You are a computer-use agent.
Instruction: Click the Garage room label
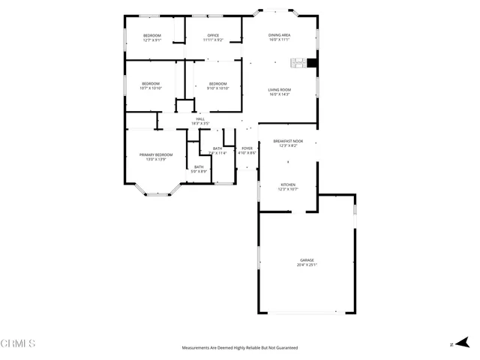(x=307, y=260)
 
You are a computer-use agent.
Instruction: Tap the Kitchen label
(x=288, y=184)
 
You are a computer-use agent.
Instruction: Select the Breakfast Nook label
(x=288, y=141)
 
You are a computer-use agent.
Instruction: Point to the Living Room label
(x=280, y=90)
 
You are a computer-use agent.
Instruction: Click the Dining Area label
(x=280, y=35)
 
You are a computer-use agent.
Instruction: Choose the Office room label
(x=213, y=35)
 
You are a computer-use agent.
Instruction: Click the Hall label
(x=200, y=118)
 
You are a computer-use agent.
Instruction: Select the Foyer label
(x=247, y=148)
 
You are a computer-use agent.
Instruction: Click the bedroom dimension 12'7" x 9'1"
(x=151, y=40)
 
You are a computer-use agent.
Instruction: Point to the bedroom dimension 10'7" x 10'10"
(x=151, y=88)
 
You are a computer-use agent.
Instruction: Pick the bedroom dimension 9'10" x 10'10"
(x=217, y=88)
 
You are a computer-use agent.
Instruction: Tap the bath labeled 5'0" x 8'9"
(x=199, y=172)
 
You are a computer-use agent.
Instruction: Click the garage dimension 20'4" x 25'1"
(x=307, y=265)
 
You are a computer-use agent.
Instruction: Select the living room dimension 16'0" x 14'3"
(x=280, y=94)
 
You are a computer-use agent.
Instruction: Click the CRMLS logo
(x=18, y=344)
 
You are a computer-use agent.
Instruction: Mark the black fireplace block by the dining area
(x=313, y=63)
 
